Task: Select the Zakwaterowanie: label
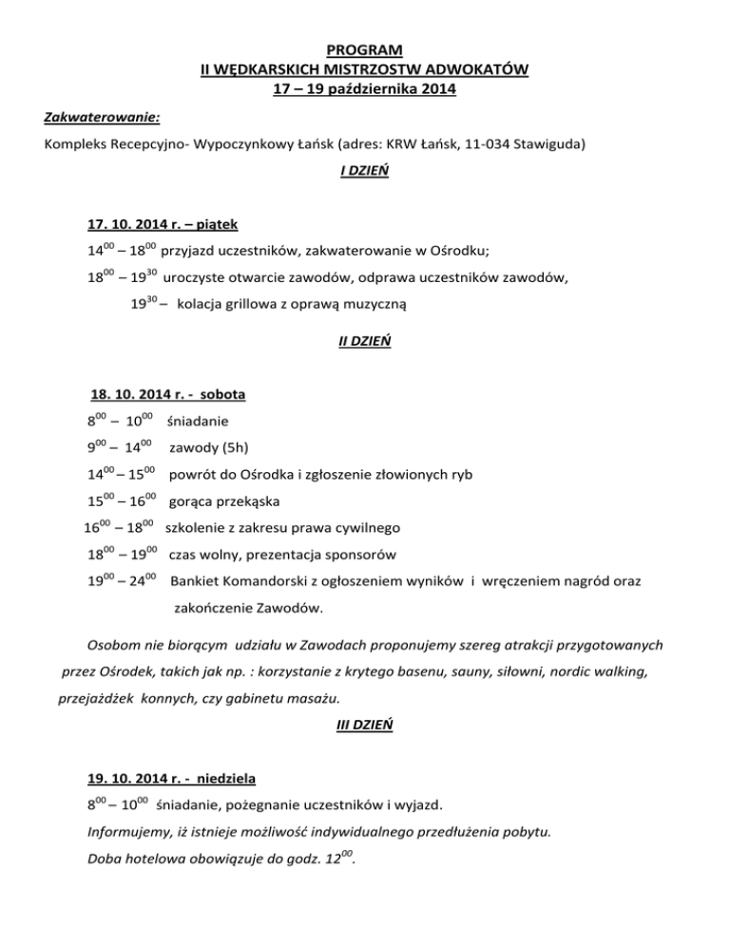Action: click(x=102, y=118)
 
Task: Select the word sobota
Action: click(x=225, y=393)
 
